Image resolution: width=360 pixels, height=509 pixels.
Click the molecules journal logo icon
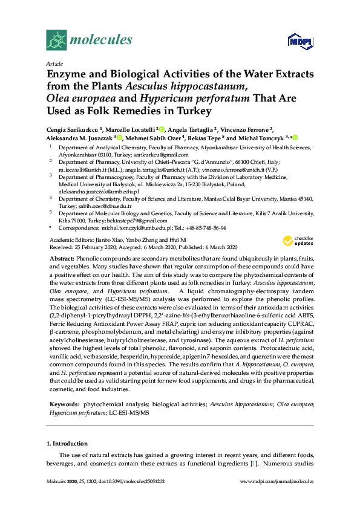click(x=56, y=41)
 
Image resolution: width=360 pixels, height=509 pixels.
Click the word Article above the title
click(x=54, y=63)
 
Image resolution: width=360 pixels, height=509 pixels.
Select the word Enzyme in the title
click(x=67, y=75)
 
